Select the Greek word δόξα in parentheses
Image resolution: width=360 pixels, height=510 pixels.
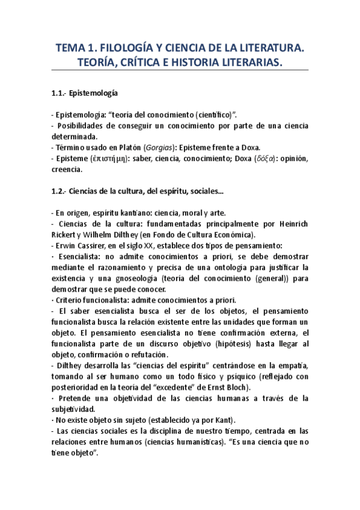[x=264, y=159]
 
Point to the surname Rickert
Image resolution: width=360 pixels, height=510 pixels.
[x=64, y=235]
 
